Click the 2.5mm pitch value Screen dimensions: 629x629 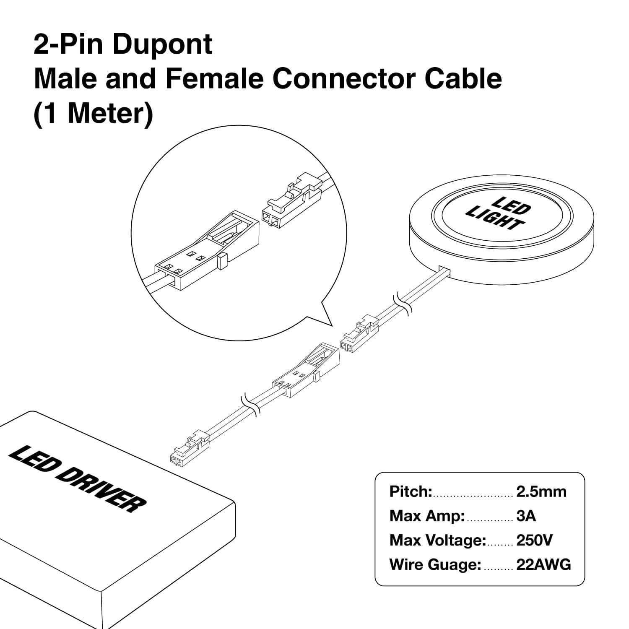click(x=541, y=491)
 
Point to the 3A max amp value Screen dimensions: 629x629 click(x=526, y=516)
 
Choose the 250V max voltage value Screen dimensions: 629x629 click(x=534, y=540)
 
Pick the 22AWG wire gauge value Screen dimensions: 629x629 click(x=543, y=565)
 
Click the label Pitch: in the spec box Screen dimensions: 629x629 click(x=411, y=491)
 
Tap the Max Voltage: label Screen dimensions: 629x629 click(x=437, y=540)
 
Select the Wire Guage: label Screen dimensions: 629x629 click(x=435, y=565)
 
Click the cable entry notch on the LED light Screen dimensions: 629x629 click(x=444, y=270)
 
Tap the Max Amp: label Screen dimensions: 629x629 click(x=427, y=516)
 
